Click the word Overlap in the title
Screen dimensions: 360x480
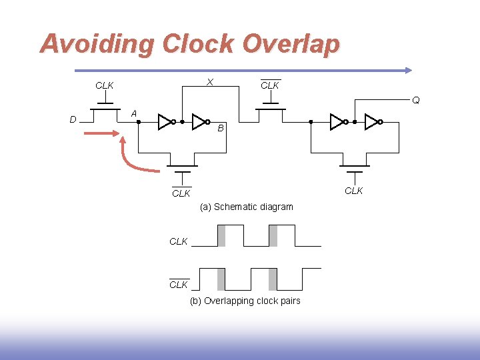(x=291, y=44)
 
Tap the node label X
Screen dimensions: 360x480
(x=209, y=82)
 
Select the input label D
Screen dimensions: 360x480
(x=73, y=120)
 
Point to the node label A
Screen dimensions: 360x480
(x=134, y=114)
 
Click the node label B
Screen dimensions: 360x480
(x=221, y=128)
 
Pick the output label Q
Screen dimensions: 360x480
(x=415, y=101)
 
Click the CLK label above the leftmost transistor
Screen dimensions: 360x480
(x=104, y=85)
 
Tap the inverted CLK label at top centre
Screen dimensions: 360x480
(x=270, y=85)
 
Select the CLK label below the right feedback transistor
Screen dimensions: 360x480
(x=353, y=191)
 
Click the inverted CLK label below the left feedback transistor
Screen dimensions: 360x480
(x=181, y=193)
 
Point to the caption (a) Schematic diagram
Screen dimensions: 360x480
(x=246, y=207)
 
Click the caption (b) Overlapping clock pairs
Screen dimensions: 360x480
(x=245, y=301)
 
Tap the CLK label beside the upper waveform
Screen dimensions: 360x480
(x=179, y=241)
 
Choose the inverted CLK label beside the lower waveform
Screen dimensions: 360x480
(x=179, y=285)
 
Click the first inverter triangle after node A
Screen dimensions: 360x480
(x=165, y=121)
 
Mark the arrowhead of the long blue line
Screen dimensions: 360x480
(x=408, y=69)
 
